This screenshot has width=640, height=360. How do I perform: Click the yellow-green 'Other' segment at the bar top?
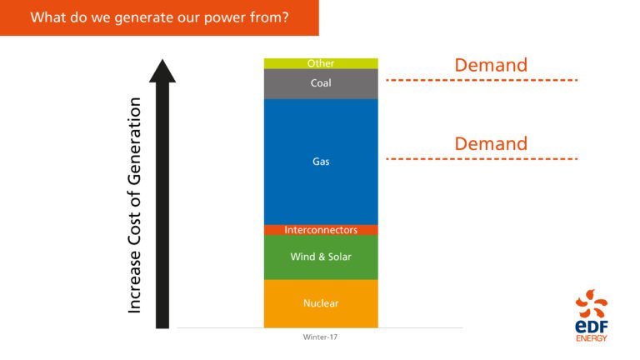coord(321,63)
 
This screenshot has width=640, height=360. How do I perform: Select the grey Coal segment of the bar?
coord(321,83)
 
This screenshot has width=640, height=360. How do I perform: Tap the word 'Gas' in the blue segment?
coord(321,162)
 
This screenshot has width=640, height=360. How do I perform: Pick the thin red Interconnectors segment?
coord(321,230)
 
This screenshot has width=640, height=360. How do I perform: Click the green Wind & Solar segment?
coord(321,257)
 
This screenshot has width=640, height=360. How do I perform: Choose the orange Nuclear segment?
coord(321,303)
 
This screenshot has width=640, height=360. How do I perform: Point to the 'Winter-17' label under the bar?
coord(321,337)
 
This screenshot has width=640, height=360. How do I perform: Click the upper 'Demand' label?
coord(491,65)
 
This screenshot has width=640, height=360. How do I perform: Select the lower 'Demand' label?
coord(491,143)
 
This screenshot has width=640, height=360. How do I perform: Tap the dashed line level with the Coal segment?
coord(482,80)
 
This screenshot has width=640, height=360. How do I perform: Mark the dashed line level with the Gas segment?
coord(482,158)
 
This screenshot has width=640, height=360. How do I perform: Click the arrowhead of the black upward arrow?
coord(162,70)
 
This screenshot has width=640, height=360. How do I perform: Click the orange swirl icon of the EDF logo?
coord(592,303)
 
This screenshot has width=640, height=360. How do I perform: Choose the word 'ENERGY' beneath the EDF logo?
coord(592,338)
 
